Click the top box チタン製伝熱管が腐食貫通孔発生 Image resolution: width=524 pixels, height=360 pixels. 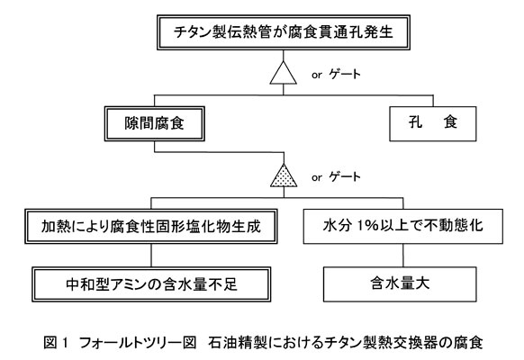tap(284, 32)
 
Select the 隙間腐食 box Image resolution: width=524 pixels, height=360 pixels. tap(154, 123)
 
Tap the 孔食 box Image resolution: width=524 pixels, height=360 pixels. tap(433, 123)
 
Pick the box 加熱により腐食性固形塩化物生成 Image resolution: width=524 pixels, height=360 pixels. tap(151, 227)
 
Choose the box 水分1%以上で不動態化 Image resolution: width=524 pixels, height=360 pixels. tap(403, 227)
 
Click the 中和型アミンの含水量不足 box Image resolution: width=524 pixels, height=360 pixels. tap(151, 284)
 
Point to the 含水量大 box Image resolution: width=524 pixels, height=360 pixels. tap(400, 284)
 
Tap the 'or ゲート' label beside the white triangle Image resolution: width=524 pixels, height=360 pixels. tap(336, 74)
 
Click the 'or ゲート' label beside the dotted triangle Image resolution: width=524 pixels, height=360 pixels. tap(336, 177)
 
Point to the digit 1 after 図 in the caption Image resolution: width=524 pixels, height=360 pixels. tap(65, 343)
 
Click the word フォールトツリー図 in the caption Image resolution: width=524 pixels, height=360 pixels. tap(138, 343)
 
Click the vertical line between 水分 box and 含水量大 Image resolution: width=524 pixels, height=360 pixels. tap(403, 255)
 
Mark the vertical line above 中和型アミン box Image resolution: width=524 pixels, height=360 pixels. tap(151, 255)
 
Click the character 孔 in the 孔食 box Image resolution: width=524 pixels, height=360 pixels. tap(415, 122)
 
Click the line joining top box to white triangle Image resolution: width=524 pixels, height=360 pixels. tap(284, 56)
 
